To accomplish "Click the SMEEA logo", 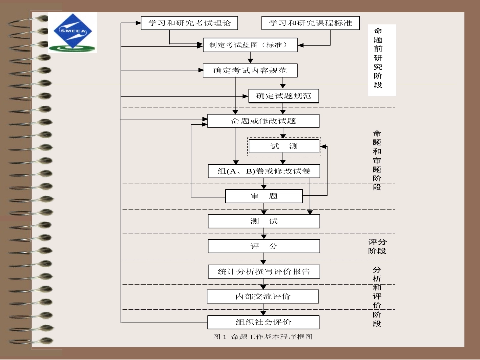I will (x=72, y=33).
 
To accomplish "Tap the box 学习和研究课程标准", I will (x=310, y=23).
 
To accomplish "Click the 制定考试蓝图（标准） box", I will (x=250, y=45).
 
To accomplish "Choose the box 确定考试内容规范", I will (x=250, y=70).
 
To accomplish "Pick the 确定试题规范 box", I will (x=283, y=96).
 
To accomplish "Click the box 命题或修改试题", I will (x=263, y=121).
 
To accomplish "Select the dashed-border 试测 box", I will (x=283, y=146).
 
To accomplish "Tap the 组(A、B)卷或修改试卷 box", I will (x=264, y=171).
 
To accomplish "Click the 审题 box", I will (x=263, y=196).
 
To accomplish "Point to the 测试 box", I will (x=263, y=221).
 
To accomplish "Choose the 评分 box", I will (x=263, y=246).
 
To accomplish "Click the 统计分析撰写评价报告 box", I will (x=263, y=271).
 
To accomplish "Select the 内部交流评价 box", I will (x=263, y=296).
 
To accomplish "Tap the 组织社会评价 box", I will (x=263, y=322).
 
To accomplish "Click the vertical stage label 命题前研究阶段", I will (x=378, y=58).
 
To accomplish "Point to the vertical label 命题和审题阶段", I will (x=377, y=160).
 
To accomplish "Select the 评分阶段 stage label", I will (x=377, y=246).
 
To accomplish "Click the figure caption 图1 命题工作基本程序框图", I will (x=263, y=337).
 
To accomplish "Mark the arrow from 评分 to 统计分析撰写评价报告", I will (x=263, y=259).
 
